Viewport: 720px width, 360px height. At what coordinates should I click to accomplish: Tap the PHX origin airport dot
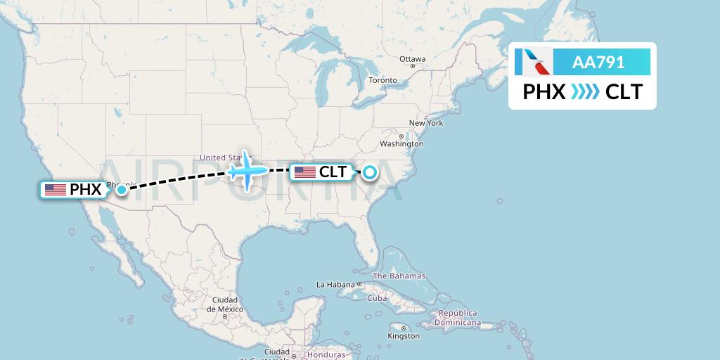pos(122,189)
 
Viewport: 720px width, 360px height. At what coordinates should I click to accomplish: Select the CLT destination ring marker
pos(369,172)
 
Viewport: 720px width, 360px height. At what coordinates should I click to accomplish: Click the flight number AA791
pos(598,62)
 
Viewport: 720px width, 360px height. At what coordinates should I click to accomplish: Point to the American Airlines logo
pos(533,62)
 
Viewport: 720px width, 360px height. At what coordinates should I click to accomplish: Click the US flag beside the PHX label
pos(55,189)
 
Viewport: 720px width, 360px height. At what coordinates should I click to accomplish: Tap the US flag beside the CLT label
pos(304,172)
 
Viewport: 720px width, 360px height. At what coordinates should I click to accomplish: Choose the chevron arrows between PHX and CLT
pos(585,91)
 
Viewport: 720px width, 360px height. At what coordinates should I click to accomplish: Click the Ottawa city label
pos(413,59)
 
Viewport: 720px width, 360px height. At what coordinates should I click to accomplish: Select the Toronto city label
pos(383,81)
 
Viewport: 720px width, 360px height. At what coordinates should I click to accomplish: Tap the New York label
pos(426,123)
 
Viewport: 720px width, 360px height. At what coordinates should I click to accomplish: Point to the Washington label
pos(402,144)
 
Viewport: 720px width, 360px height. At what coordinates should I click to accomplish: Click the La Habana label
pos(335,285)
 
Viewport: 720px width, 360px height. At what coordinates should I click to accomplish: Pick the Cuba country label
pos(378,298)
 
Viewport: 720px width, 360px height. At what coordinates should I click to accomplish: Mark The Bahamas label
pos(399,276)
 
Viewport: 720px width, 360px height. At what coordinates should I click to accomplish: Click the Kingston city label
pos(403,336)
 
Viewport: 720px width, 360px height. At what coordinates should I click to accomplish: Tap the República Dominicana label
pos(458,318)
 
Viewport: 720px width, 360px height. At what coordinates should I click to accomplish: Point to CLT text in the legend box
pos(624,91)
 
